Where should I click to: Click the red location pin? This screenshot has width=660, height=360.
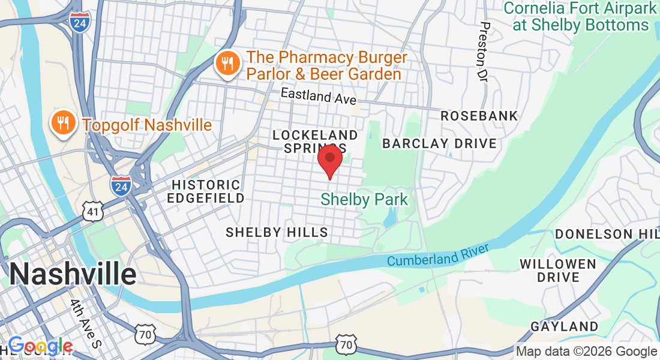(x=329, y=160)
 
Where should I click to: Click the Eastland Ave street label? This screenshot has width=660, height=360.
(x=319, y=96)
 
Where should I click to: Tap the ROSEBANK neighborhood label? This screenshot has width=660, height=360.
(x=479, y=116)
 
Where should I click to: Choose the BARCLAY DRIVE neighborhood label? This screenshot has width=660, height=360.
(x=439, y=143)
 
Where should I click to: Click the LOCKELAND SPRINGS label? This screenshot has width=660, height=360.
(x=316, y=141)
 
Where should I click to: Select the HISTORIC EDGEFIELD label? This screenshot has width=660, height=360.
(x=206, y=191)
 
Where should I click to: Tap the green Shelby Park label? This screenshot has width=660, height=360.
(x=364, y=199)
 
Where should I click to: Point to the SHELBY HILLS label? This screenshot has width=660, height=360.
(x=277, y=232)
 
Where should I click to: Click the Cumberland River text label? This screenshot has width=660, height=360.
(x=438, y=254)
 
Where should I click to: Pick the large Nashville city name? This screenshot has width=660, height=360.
(x=73, y=275)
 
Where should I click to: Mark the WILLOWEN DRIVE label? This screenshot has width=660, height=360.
(x=558, y=271)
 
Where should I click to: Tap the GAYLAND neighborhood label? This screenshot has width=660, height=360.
(x=564, y=326)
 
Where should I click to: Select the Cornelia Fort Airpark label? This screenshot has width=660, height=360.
(x=580, y=17)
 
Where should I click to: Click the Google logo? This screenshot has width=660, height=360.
(x=41, y=346)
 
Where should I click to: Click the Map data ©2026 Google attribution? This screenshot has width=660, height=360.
(x=586, y=352)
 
